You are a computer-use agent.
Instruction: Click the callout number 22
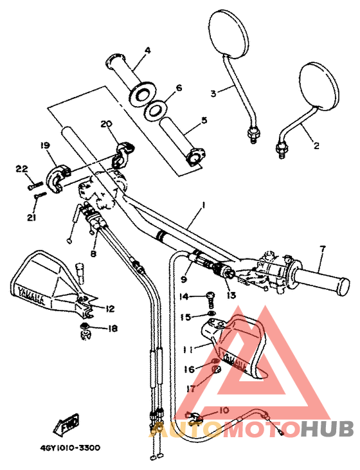tap(22, 168)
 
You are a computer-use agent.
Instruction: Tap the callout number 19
tap(45, 147)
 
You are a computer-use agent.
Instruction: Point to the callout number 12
tap(109, 309)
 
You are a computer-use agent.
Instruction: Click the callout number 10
tap(224, 410)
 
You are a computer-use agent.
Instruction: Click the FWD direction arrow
tap(66, 425)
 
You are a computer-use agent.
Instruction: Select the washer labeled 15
tap(212, 316)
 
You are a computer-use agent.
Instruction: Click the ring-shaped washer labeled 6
tap(154, 110)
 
